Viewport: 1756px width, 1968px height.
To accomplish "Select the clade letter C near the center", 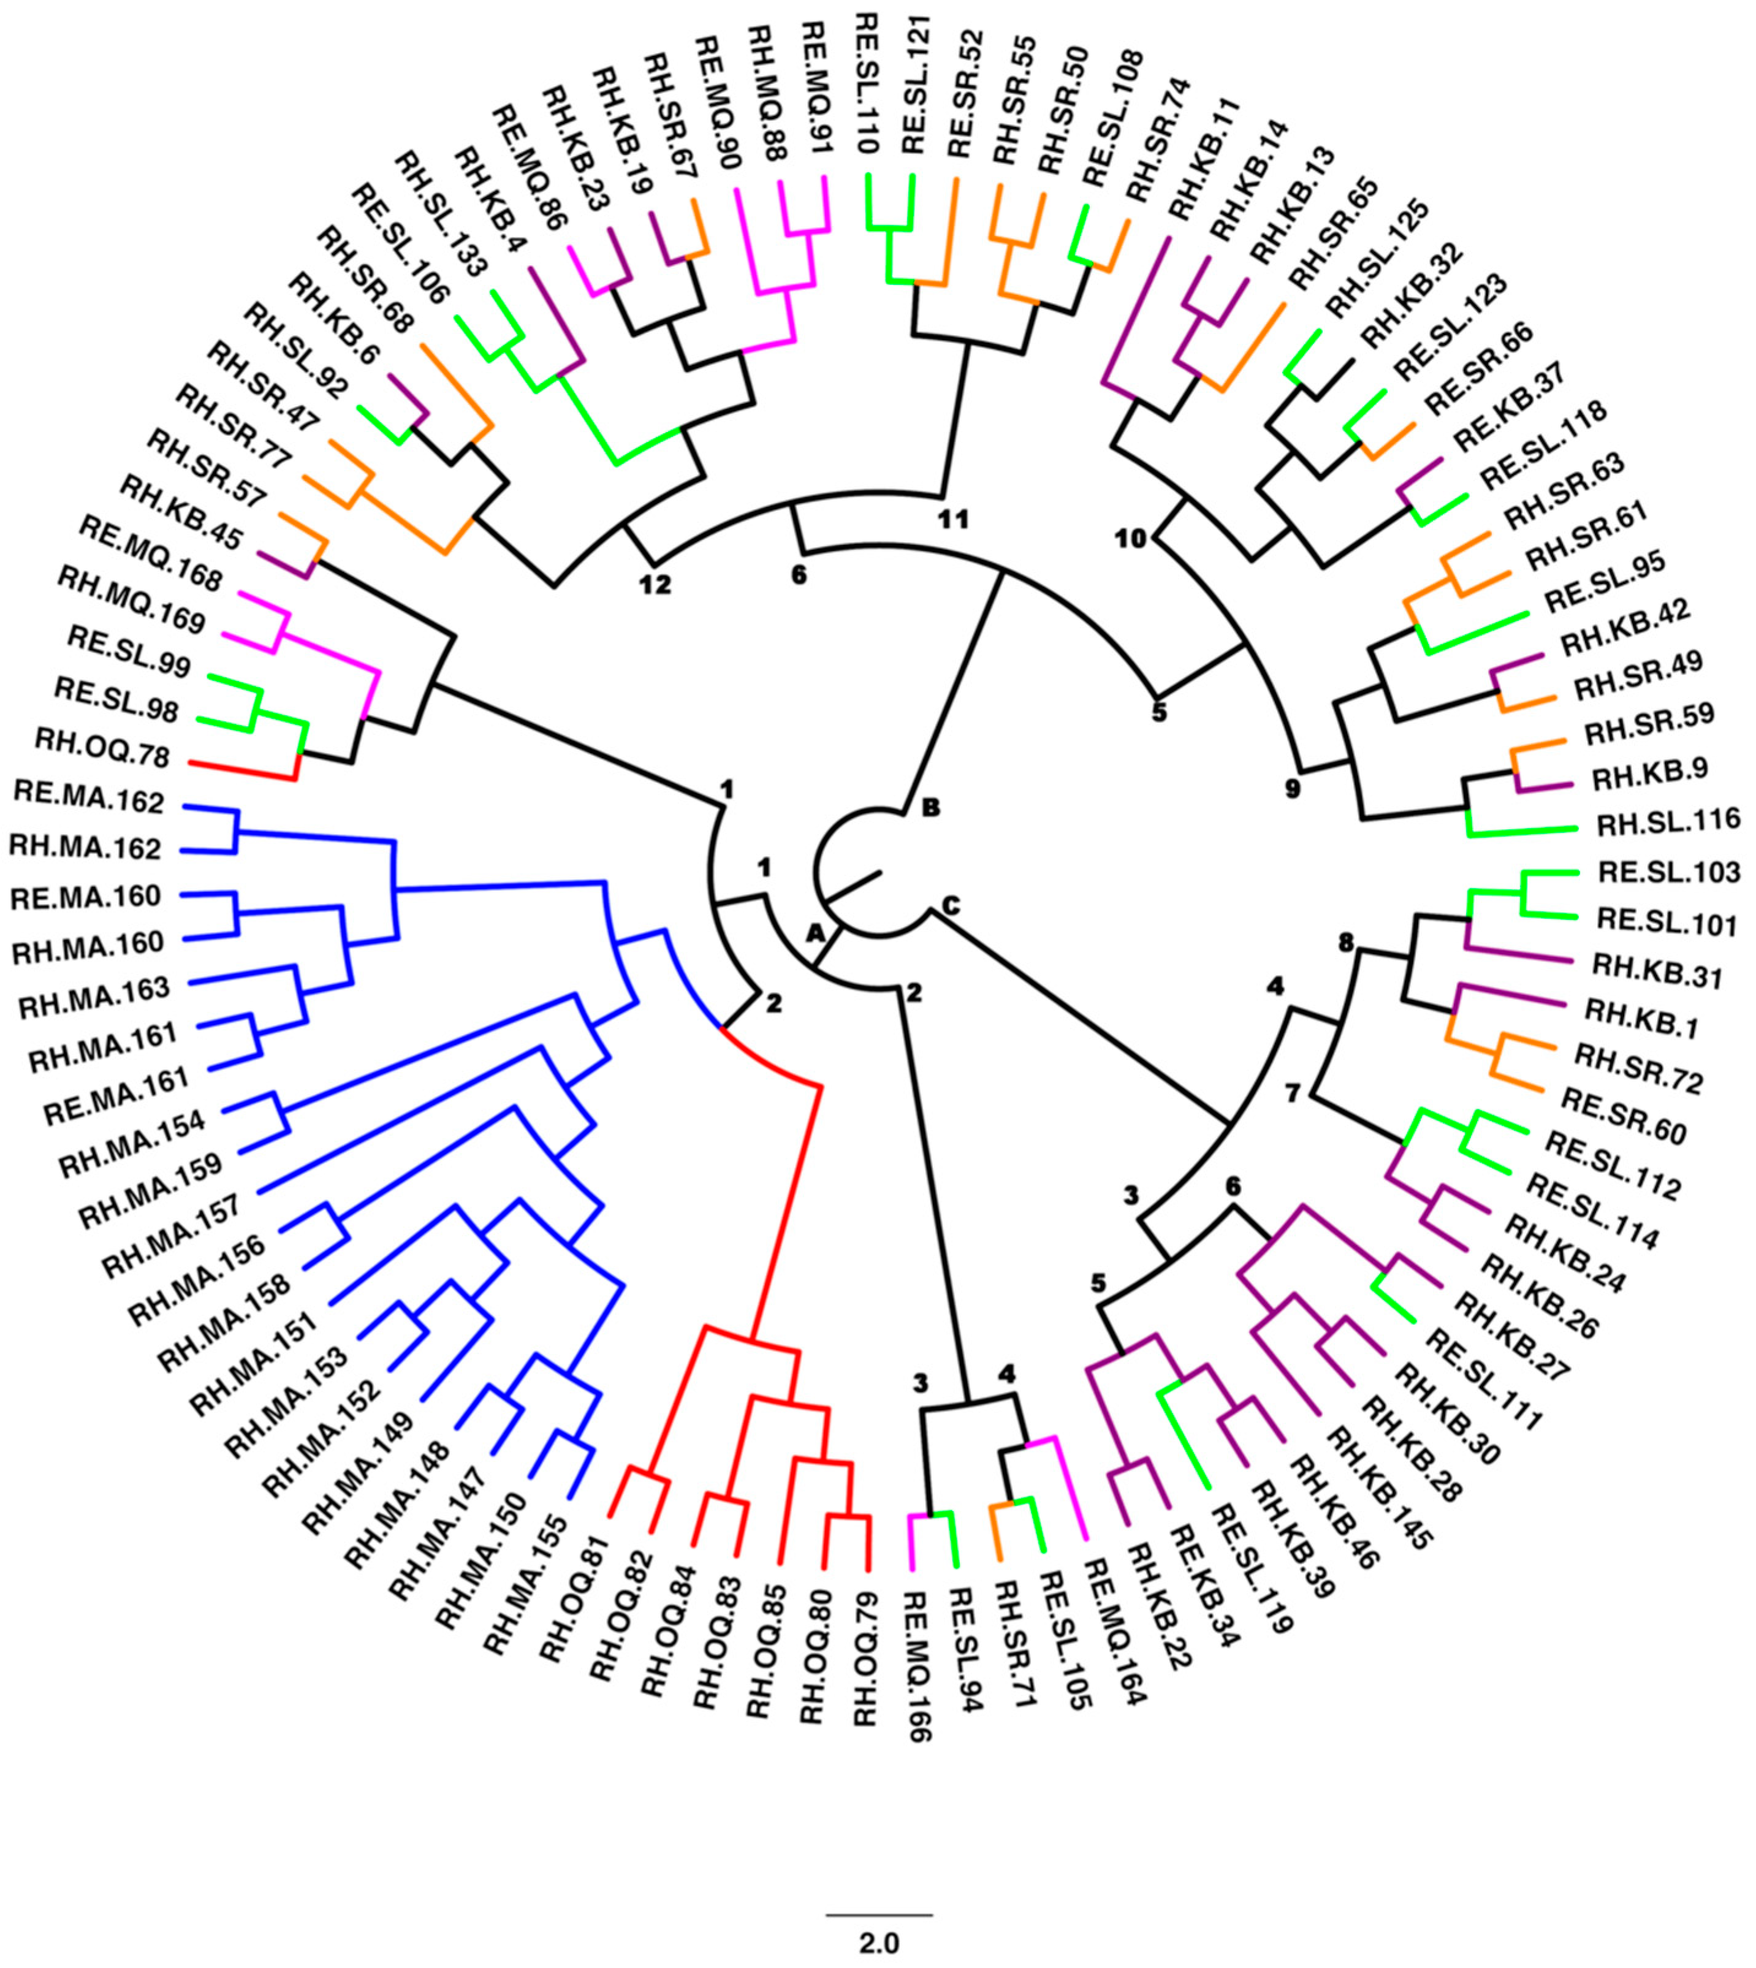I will tap(951, 908).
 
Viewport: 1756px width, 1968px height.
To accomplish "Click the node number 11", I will tap(953, 520).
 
